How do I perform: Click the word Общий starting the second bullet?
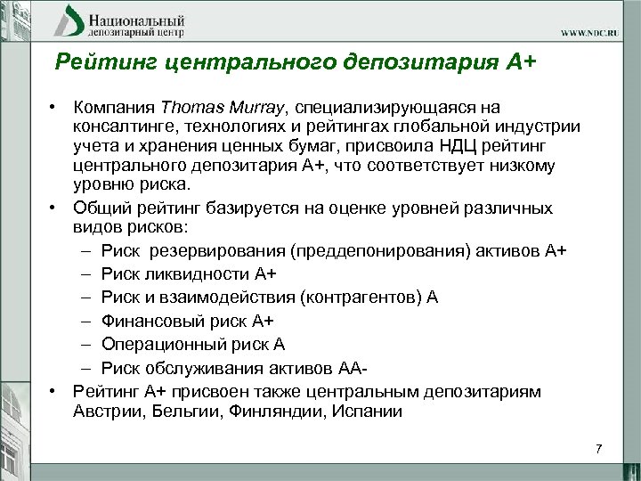pos(100,208)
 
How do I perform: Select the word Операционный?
pos(155,343)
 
